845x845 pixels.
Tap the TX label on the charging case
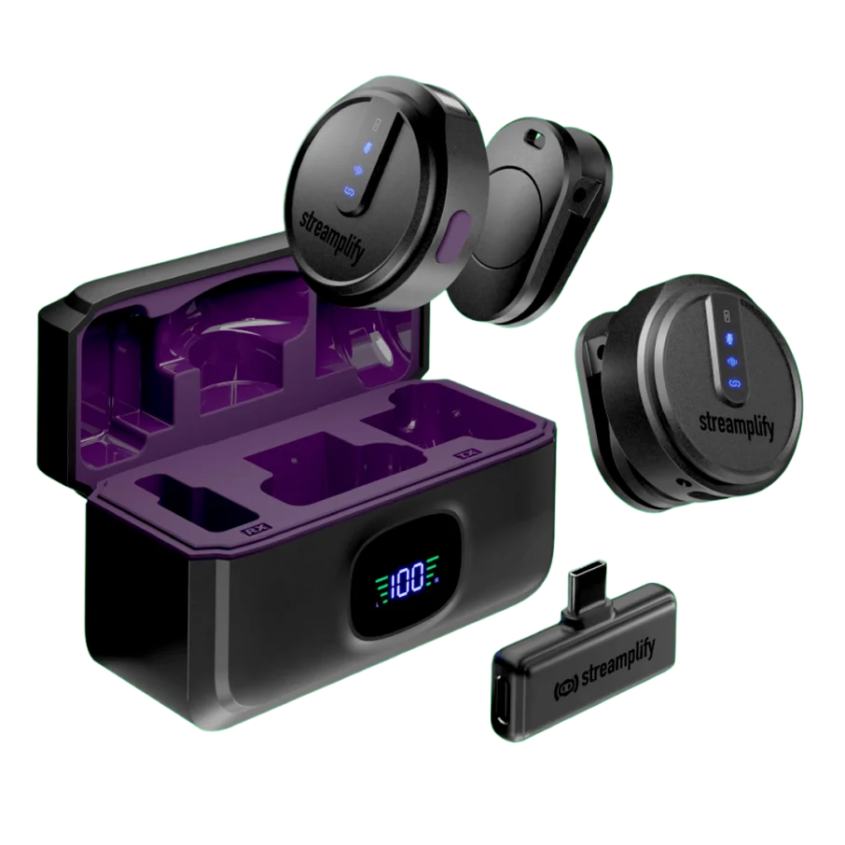464,455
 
